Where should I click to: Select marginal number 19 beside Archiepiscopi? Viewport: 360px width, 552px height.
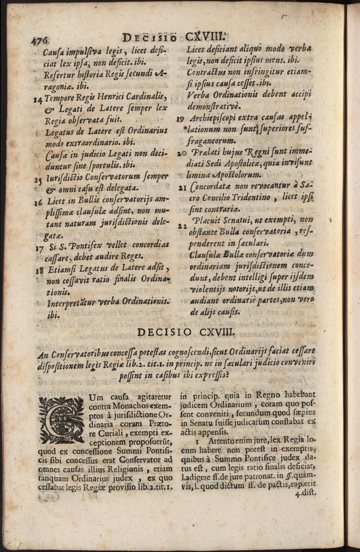pyautogui.click(x=181, y=119)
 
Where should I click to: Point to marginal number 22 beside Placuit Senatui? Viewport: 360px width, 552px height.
pyautogui.click(x=181, y=226)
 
